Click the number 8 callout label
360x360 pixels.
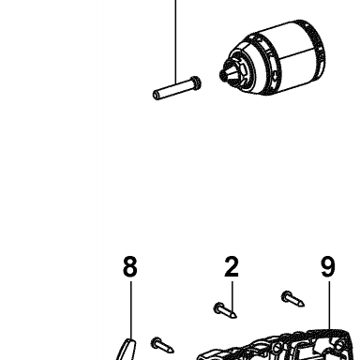coord(130,266)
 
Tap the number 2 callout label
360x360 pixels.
coord(232,266)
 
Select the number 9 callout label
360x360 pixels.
coord(328,266)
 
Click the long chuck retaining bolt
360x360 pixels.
coord(177,88)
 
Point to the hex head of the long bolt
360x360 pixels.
coord(196,82)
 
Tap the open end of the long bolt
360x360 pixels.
coord(157,95)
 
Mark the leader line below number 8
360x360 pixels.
coord(131,310)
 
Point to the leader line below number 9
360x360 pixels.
coord(329,306)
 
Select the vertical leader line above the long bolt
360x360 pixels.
coord(175,40)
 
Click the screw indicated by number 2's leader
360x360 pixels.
coord(225,310)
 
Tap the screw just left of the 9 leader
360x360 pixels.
coord(292,299)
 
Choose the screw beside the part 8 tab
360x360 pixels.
coord(162,345)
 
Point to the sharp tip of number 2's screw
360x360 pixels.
coord(235,316)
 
